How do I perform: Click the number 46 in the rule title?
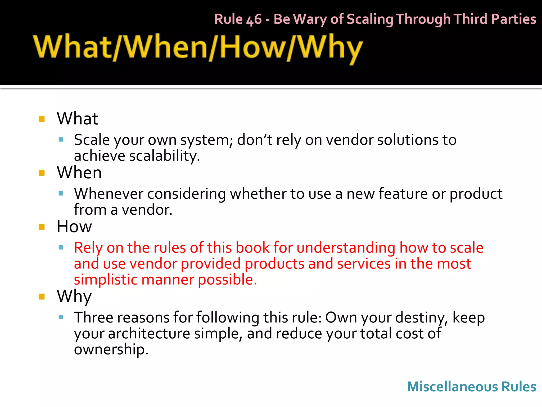coord(254,20)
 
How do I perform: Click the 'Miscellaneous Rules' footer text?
coord(471,387)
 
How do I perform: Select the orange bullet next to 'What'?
coord(42,119)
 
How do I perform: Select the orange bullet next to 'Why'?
coord(42,297)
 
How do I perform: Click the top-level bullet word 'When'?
coord(79,172)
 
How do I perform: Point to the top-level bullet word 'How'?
coord(74,227)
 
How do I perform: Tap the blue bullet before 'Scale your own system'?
coord(61,140)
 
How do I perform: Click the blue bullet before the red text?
coord(61,247)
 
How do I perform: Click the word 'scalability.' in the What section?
coord(164,156)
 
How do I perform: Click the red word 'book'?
coord(252,248)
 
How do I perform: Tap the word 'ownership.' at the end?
coord(111,349)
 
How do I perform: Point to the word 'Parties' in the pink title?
coord(513,19)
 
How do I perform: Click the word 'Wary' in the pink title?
coord(310,20)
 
